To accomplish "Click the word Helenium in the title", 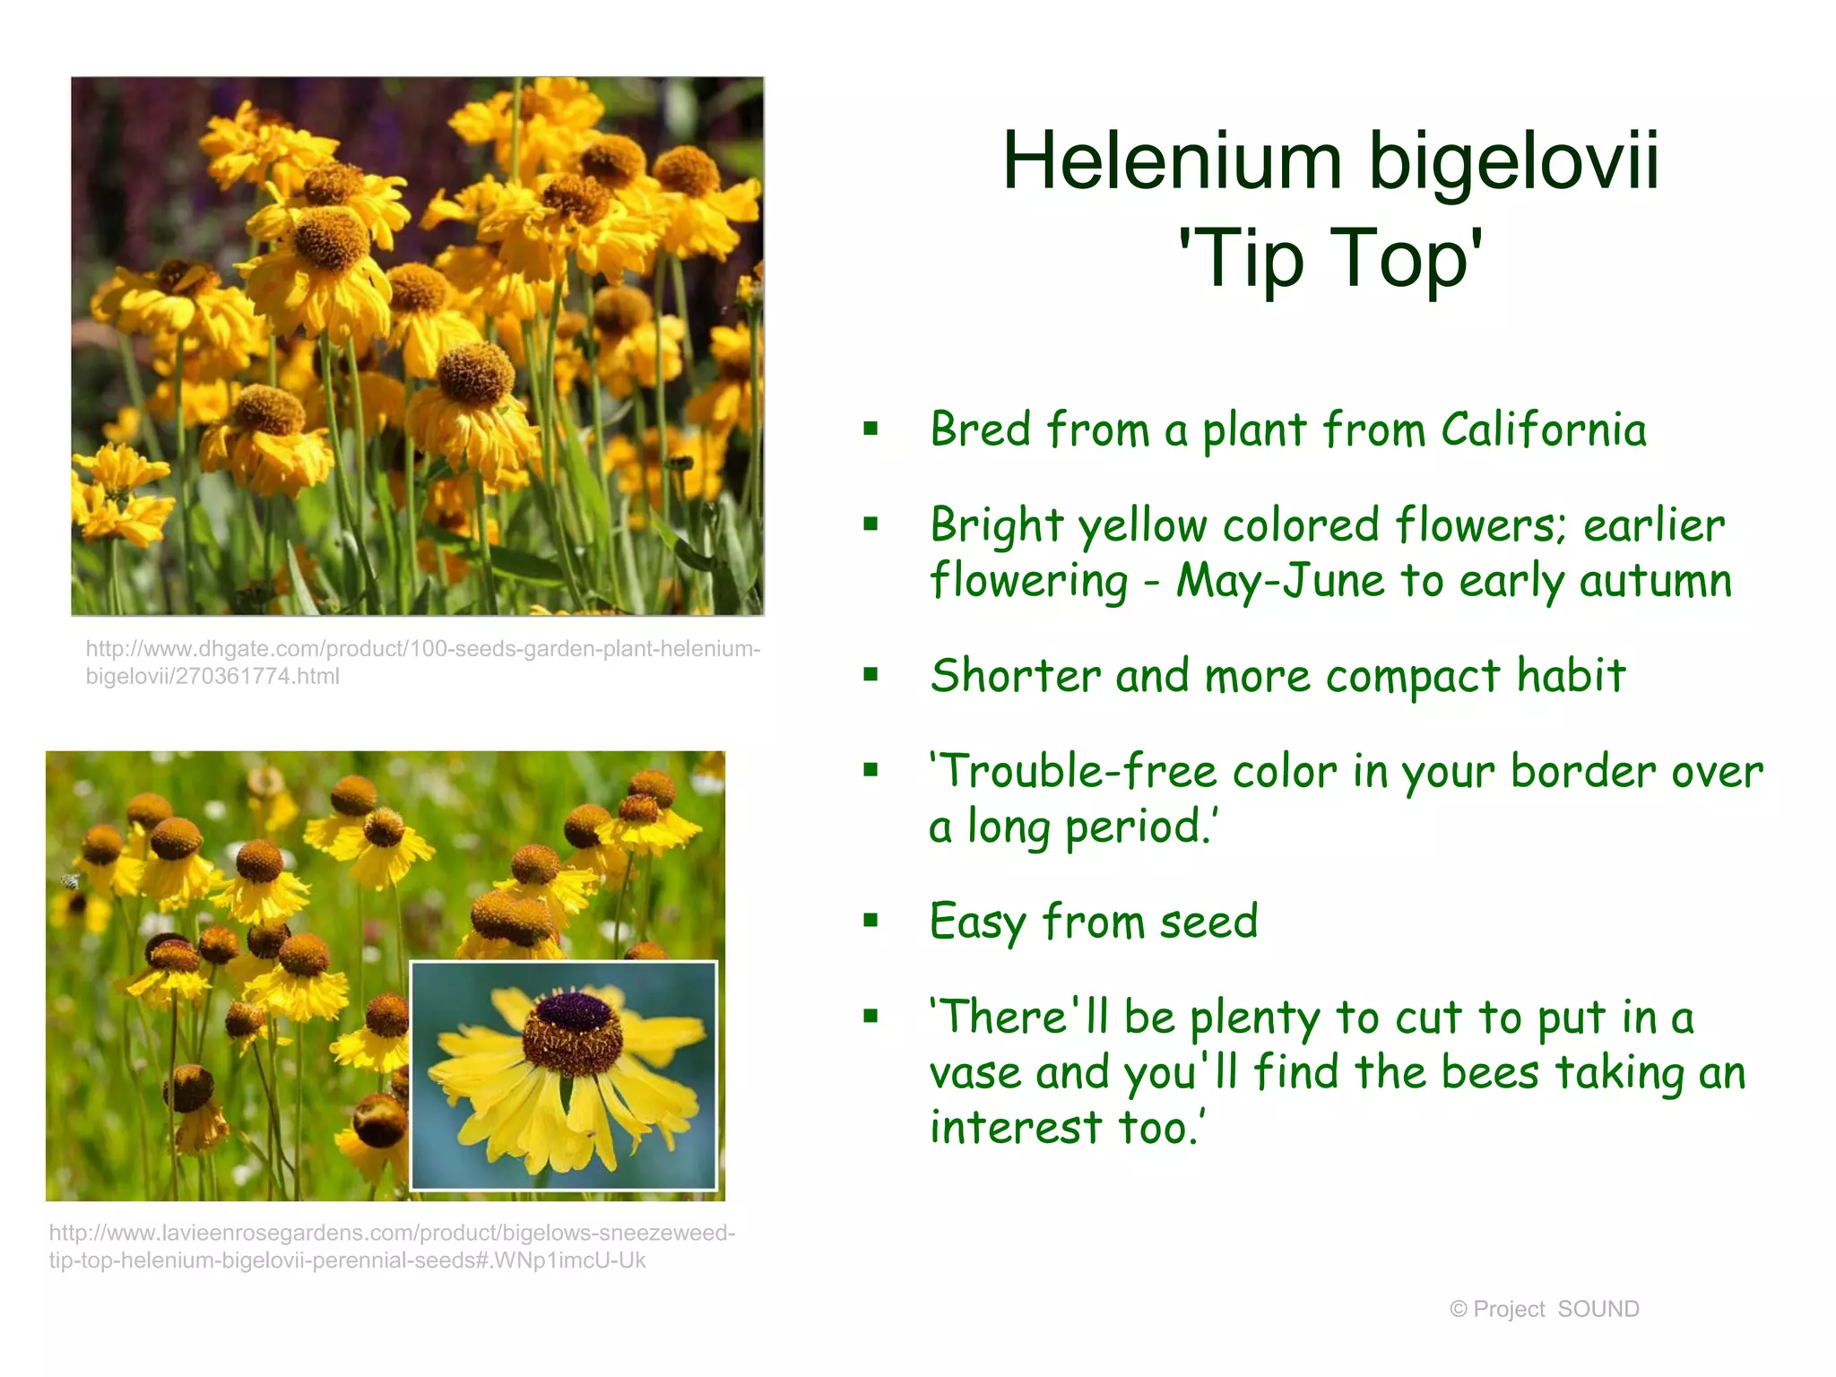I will pos(1172,161).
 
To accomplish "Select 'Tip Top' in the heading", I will pos(1331,258).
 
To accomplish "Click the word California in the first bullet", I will pos(1544,429).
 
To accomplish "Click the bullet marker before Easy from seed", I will pos(870,920).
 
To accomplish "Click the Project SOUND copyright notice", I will pos(1544,1309).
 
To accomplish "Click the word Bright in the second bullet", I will pos(997,525).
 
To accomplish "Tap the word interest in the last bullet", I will pos(1015,1128).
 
